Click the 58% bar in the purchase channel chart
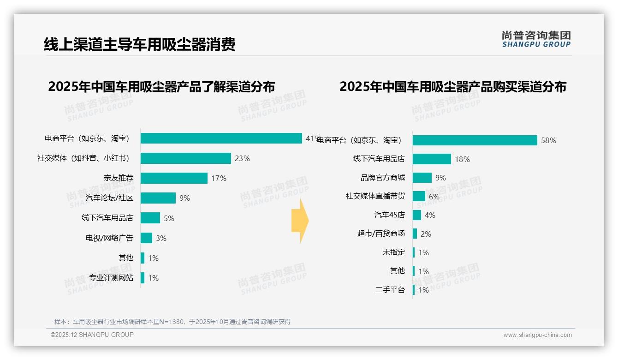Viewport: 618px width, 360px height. pyautogui.click(x=475, y=140)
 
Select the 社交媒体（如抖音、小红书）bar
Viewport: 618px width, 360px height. pyautogui.click(x=185, y=158)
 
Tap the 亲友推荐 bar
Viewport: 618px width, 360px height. pyautogui.click(x=174, y=178)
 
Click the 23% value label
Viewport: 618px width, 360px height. pyautogui.click(x=242, y=158)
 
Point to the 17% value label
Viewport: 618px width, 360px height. pyautogui.click(x=219, y=178)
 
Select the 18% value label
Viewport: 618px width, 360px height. pyautogui.click(x=462, y=159)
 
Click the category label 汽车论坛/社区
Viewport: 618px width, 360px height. pyautogui.click(x=109, y=198)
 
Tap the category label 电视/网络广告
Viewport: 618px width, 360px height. pyautogui.click(x=109, y=238)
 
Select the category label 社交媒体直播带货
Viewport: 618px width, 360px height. pyautogui.click(x=375, y=196)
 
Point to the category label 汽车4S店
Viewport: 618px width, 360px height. pyautogui.click(x=389, y=215)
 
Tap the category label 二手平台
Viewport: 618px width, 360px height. pyautogui.click(x=390, y=290)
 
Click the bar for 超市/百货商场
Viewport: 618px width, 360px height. pyautogui.click(x=415, y=234)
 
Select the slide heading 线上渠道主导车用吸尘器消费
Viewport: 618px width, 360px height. pyautogui.click(x=139, y=44)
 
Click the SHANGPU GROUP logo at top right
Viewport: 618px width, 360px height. pyautogui.click(x=536, y=39)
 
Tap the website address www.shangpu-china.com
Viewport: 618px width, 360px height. pyautogui.click(x=537, y=335)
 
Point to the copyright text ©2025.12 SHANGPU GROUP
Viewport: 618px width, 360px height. pyautogui.click(x=92, y=335)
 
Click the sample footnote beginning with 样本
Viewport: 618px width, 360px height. pyautogui.click(x=172, y=322)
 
